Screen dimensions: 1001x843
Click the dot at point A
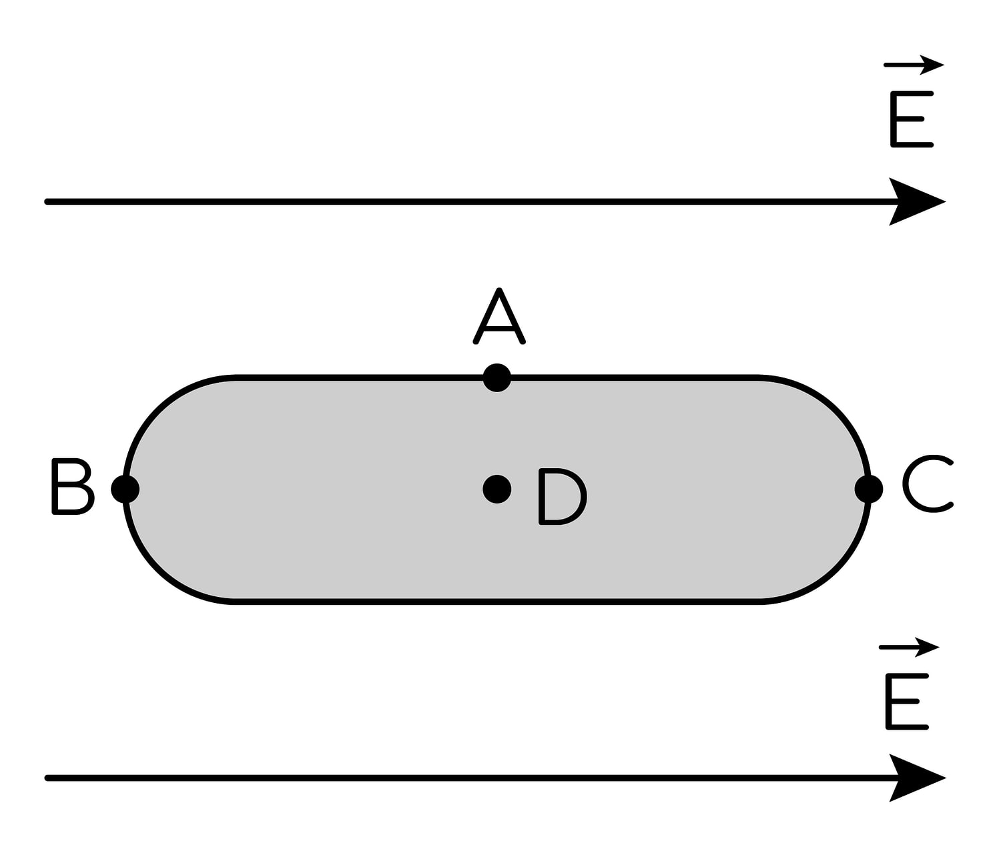point(496,377)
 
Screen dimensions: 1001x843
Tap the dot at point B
point(125,489)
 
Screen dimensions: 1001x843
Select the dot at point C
point(869,489)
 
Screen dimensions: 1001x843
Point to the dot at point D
point(496,489)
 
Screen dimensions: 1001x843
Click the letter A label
point(499,316)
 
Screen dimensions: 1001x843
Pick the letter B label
point(73,486)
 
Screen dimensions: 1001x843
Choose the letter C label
point(927,483)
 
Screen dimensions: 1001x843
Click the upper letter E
point(912,119)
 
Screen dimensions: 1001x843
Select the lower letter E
point(907,701)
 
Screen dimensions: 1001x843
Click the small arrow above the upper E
point(914,65)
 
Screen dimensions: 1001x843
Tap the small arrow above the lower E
point(909,647)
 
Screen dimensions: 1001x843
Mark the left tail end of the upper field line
point(47,202)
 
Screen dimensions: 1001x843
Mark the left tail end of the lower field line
point(47,778)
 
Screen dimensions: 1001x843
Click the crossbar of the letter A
point(499,328)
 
